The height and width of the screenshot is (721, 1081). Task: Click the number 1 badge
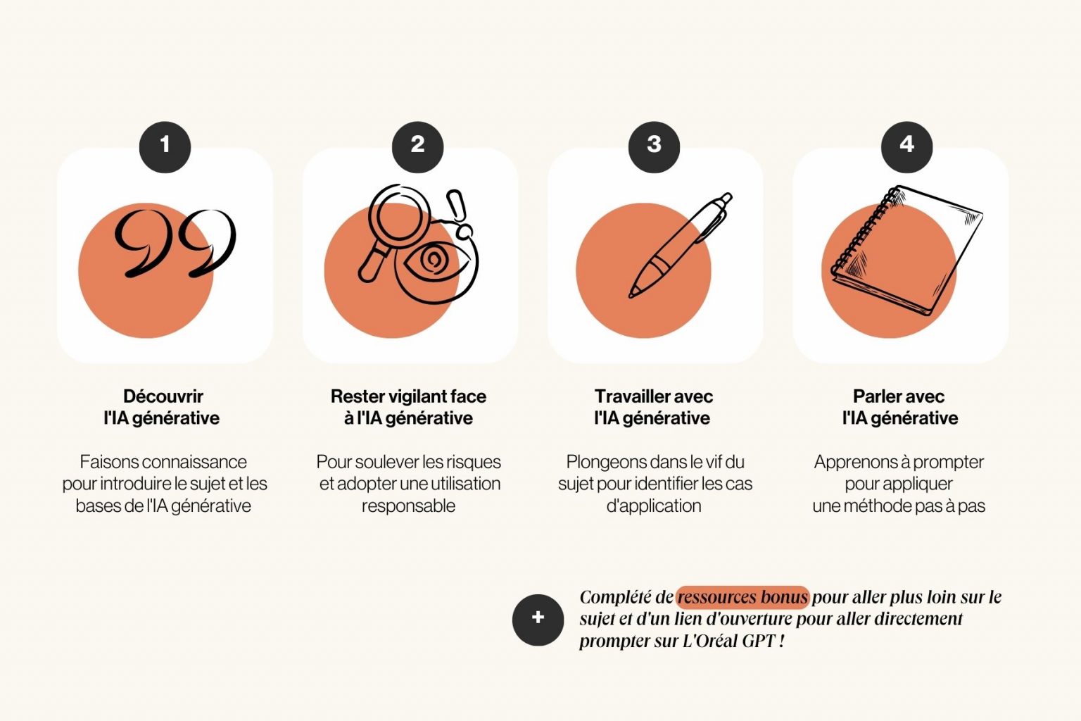tap(165, 146)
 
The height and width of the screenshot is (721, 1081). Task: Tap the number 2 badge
tap(417, 146)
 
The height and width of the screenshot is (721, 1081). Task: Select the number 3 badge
tap(654, 146)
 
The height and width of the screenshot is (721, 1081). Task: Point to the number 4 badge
tap(906, 146)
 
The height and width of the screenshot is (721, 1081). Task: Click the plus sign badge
tap(538, 619)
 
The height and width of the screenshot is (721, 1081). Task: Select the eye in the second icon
tap(432, 261)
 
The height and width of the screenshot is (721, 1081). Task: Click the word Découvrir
tap(163, 396)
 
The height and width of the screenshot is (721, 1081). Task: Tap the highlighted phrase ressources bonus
tap(742, 598)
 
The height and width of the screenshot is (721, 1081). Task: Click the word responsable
tap(408, 506)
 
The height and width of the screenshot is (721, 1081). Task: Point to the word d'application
tap(654, 506)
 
